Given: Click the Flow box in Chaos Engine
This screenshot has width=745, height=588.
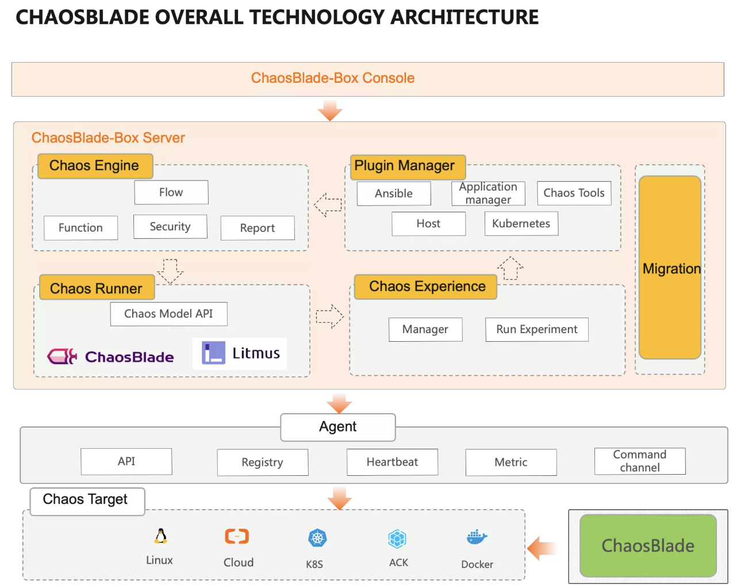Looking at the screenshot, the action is pyautogui.click(x=171, y=192).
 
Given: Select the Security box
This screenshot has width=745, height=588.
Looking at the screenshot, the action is pyautogui.click(x=170, y=227).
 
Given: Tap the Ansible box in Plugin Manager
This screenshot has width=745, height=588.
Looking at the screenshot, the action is pyautogui.click(x=394, y=193).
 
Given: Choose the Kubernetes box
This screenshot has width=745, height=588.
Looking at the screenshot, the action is pyautogui.click(x=521, y=223).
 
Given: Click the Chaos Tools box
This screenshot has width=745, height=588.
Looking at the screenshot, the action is pyautogui.click(x=574, y=193).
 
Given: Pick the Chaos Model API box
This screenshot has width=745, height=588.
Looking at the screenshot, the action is pyautogui.click(x=169, y=314).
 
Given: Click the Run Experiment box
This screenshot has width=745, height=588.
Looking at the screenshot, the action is pyautogui.click(x=537, y=330).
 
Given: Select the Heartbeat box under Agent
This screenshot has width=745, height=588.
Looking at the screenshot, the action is pyautogui.click(x=393, y=462).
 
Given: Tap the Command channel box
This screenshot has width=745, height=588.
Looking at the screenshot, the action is pyautogui.click(x=640, y=461).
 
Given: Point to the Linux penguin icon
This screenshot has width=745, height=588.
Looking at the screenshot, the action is pyautogui.click(x=160, y=536).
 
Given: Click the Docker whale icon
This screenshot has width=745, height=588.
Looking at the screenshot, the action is pyautogui.click(x=477, y=537).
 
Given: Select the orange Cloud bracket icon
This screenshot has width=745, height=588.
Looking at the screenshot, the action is pyautogui.click(x=237, y=536).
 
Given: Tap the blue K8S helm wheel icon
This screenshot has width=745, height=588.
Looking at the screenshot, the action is pyautogui.click(x=317, y=538).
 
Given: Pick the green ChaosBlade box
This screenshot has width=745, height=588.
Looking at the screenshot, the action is pyautogui.click(x=648, y=545).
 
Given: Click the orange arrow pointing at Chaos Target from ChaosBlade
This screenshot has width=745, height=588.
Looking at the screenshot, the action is pyautogui.click(x=542, y=548).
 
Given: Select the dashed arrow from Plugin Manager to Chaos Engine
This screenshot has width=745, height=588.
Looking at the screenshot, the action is pyautogui.click(x=328, y=205).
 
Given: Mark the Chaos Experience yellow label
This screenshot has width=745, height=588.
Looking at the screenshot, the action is pyautogui.click(x=426, y=287).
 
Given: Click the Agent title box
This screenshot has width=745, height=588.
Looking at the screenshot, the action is pyautogui.click(x=338, y=427).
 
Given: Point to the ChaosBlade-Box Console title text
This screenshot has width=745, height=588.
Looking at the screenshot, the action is pyautogui.click(x=333, y=78).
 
